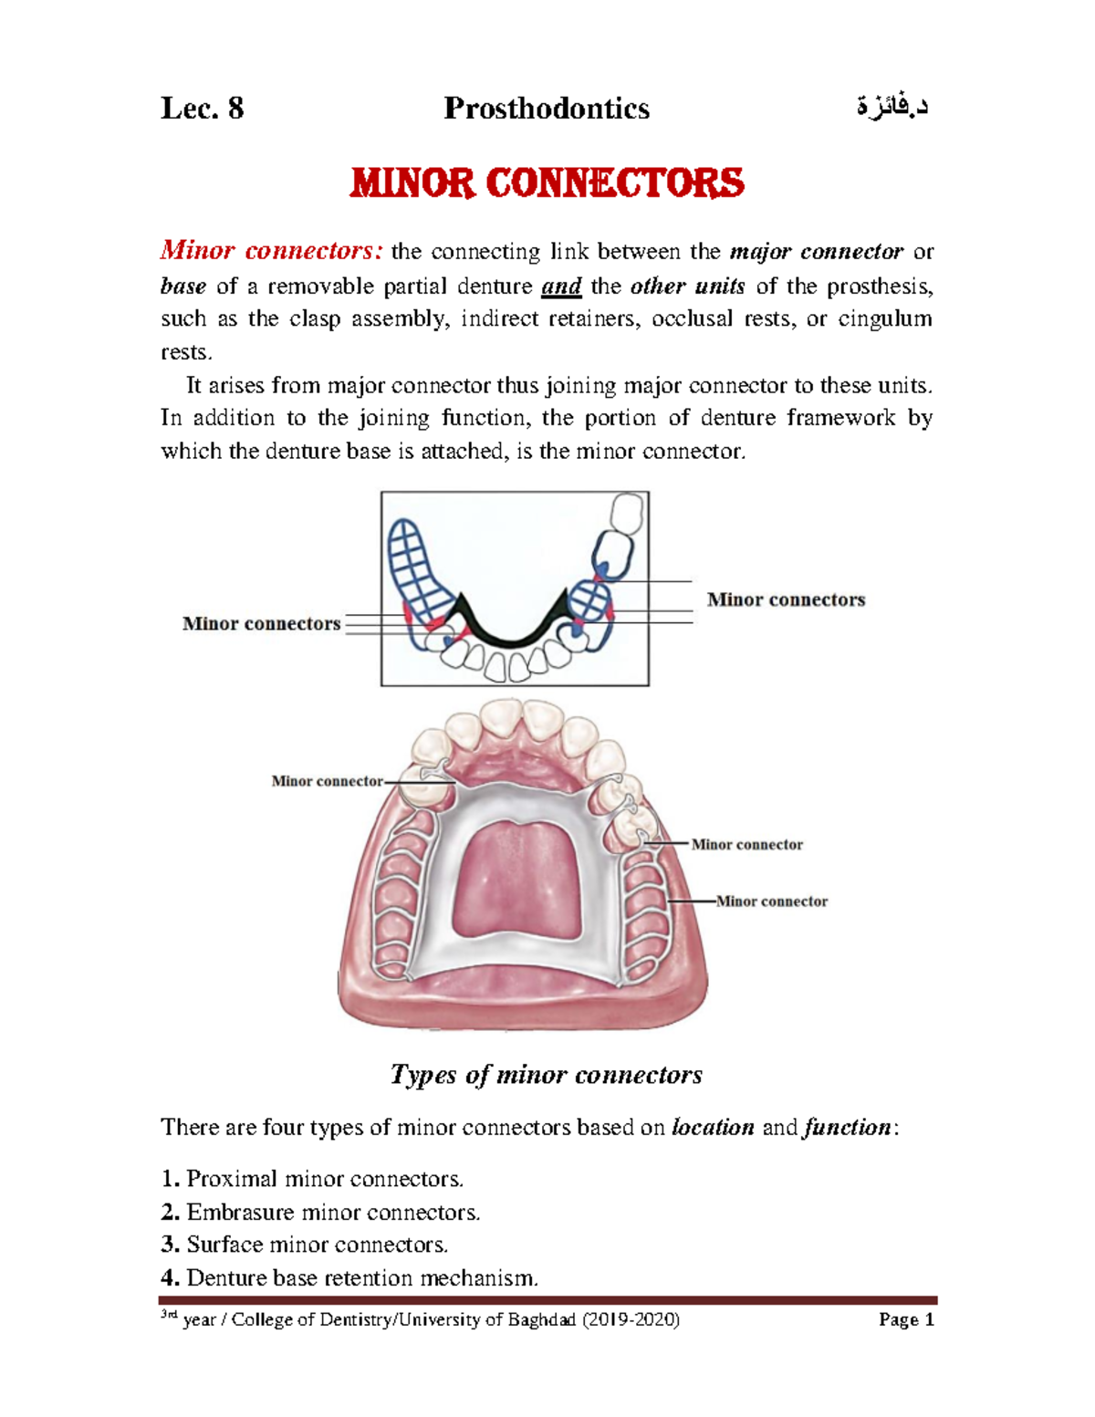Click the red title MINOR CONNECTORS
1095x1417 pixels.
point(547,183)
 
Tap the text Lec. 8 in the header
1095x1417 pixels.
point(203,109)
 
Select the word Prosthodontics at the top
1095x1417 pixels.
point(547,109)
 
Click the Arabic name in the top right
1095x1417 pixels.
point(892,108)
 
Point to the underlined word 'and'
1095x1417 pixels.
point(561,287)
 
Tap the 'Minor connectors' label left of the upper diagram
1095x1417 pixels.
point(261,624)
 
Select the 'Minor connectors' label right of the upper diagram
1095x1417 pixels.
point(786,600)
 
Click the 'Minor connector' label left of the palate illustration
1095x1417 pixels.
point(327,781)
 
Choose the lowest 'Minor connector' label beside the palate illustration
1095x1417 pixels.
point(772,901)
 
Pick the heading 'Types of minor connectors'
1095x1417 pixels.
point(547,1075)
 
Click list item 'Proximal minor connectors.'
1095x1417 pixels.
point(324,1179)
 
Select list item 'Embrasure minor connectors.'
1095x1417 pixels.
point(332,1213)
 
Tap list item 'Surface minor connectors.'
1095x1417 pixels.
point(317,1245)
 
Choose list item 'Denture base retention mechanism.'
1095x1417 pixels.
point(361,1278)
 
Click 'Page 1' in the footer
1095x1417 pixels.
point(906,1320)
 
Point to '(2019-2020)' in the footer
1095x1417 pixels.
point(631,1320)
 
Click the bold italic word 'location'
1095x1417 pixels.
point(713,1128)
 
